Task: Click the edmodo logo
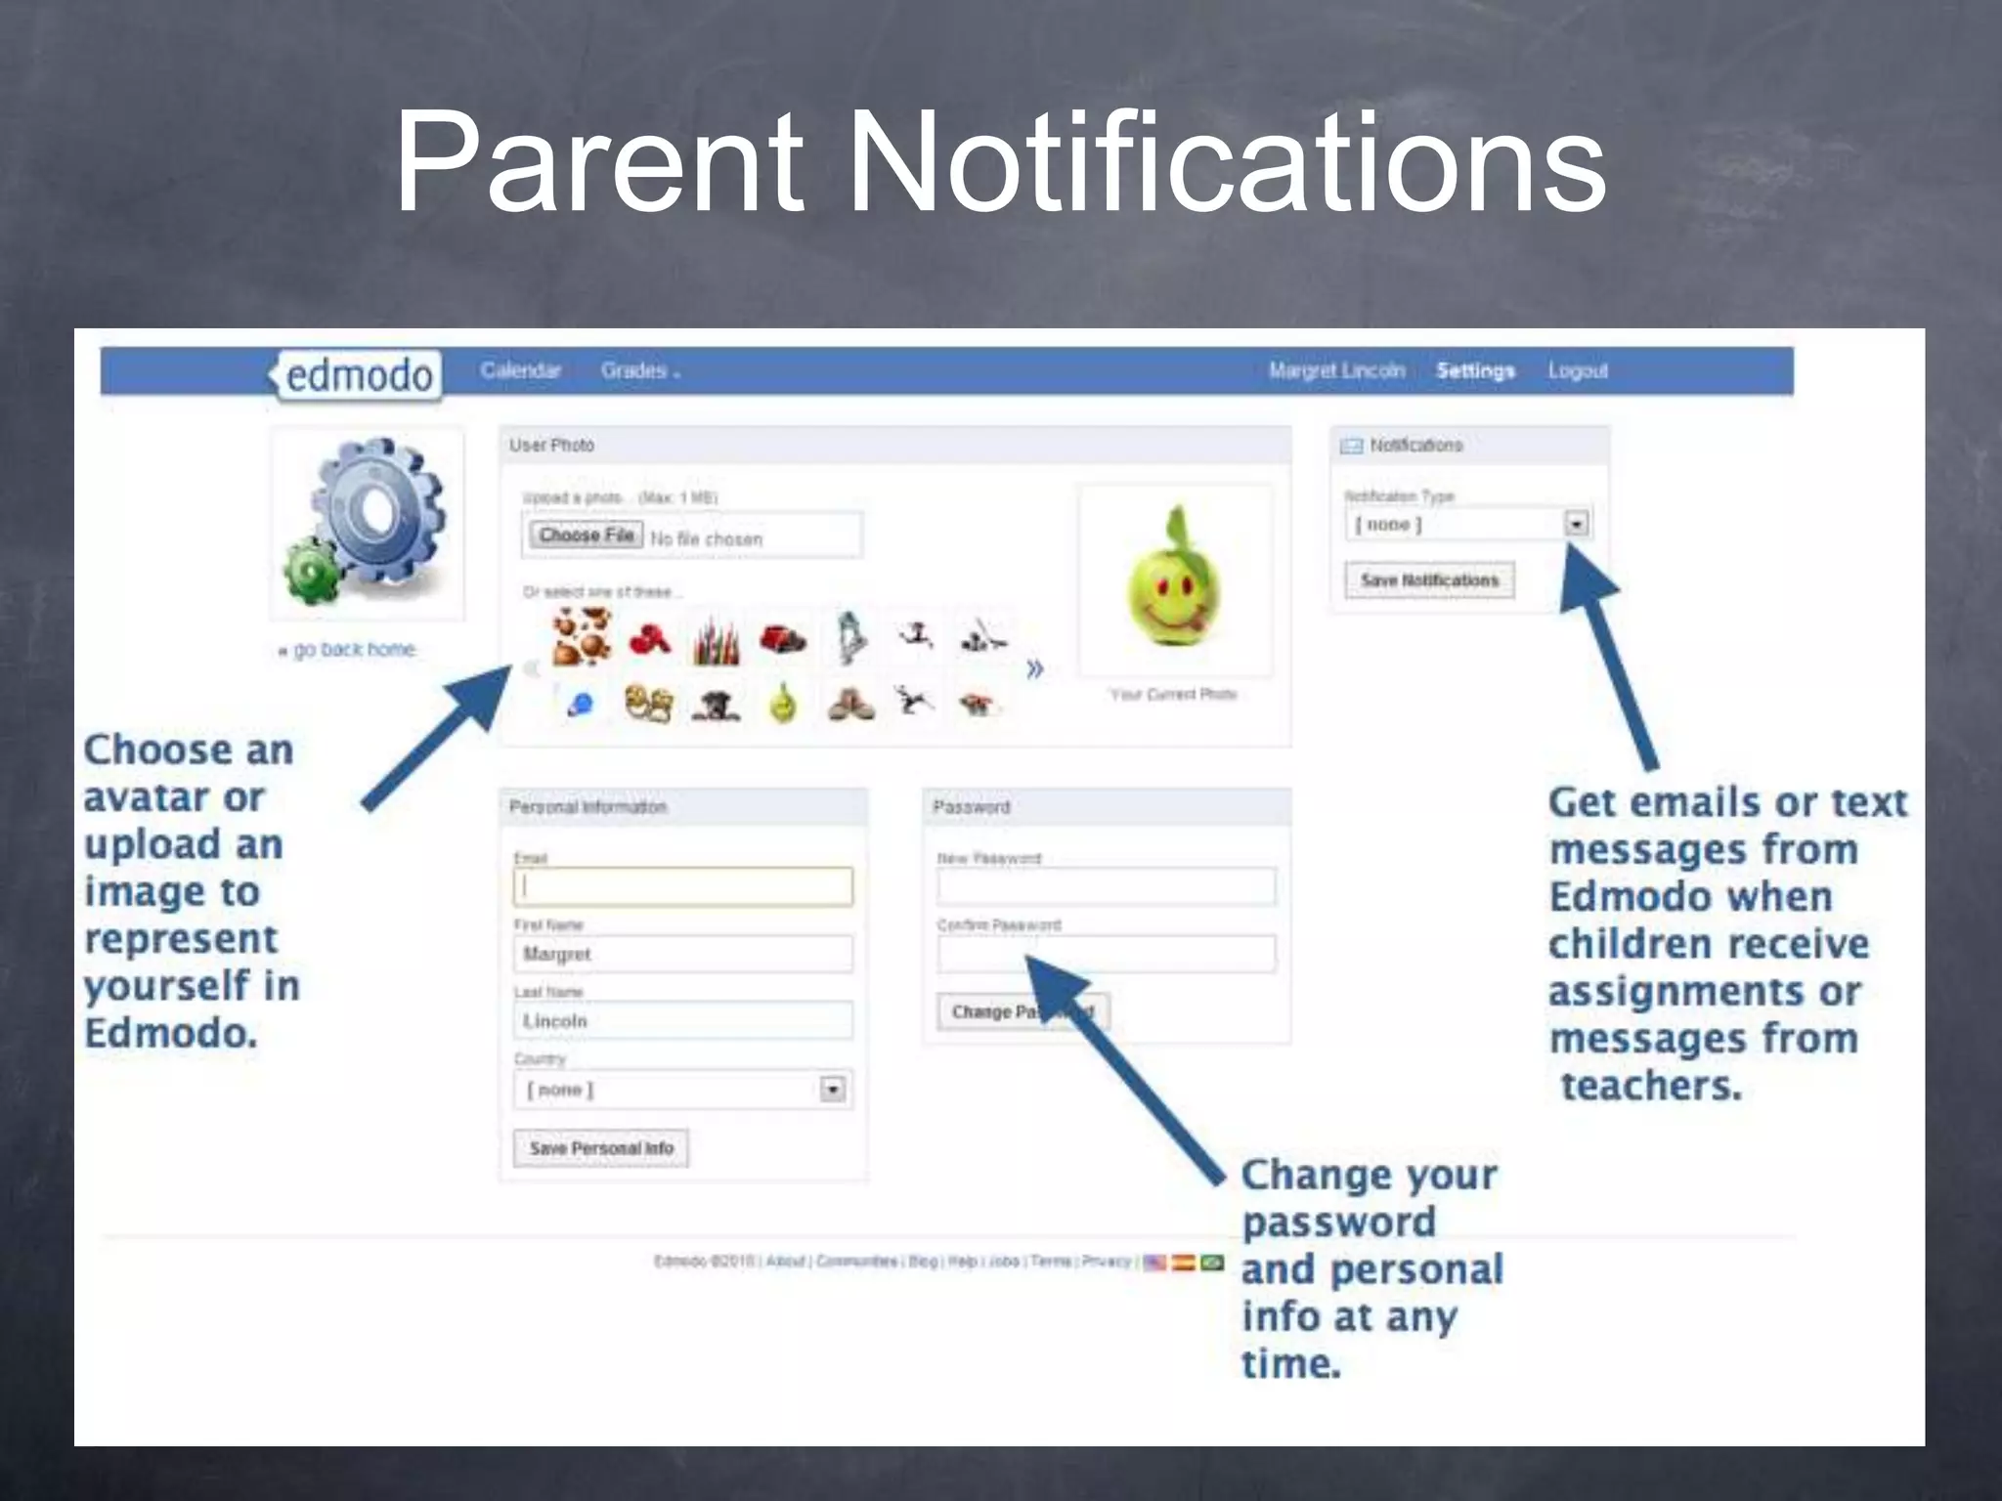358,375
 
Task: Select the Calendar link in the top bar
520,371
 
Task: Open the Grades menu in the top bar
638,371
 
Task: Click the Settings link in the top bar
1475,371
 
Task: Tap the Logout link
1578,371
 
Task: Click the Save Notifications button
1429,580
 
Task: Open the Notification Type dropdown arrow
1576,525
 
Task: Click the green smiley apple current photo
1173,580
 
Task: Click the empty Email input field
682,887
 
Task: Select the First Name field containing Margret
682,954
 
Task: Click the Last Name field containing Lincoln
682,1021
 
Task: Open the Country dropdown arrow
832,1090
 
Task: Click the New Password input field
1106,887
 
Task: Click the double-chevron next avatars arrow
1034,669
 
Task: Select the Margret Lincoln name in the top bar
1336,371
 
